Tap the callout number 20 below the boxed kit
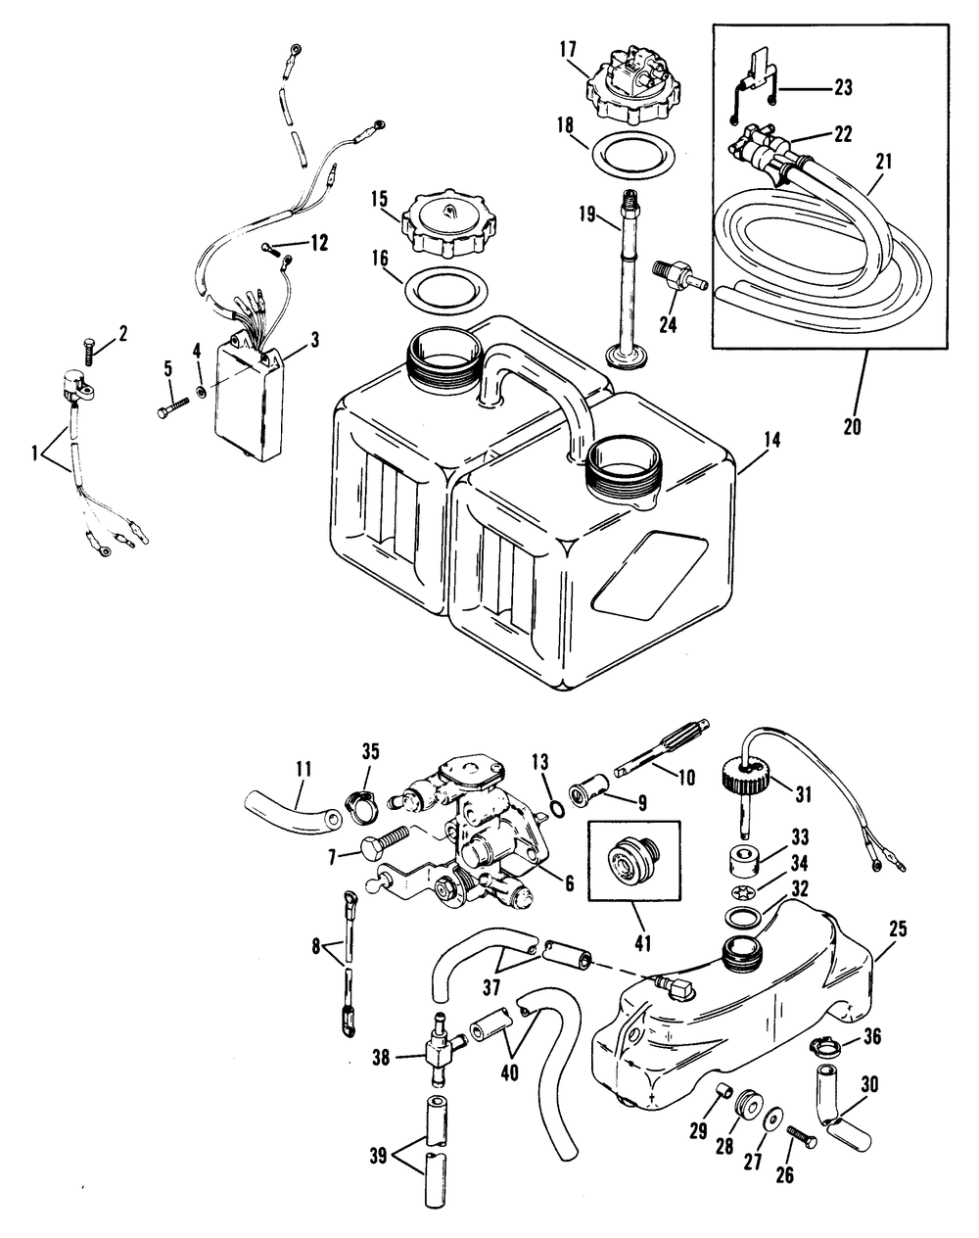(853, 427)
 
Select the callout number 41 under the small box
(642, 943)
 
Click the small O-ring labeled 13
(557, 809)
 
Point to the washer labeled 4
(201, 393)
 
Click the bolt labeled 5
(173, 406)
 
